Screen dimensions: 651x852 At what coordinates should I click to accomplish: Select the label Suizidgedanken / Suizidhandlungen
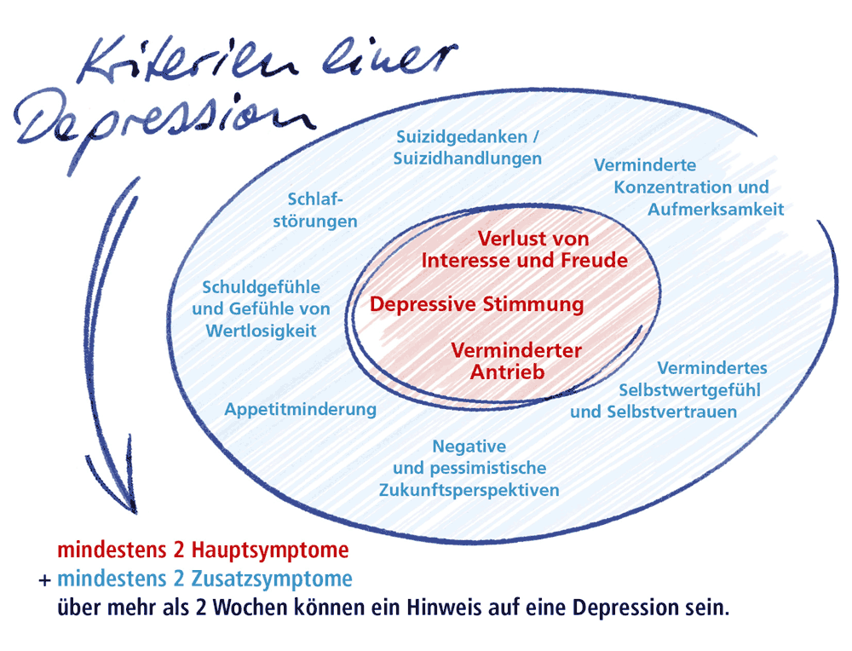point(468,147)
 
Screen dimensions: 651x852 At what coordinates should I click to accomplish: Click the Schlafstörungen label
point(321,210)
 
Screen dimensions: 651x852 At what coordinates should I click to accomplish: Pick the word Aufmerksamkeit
point(716,208)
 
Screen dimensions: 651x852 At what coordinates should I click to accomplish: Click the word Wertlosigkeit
point(261,330)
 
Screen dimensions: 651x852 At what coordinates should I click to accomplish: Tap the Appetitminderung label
point(300,409)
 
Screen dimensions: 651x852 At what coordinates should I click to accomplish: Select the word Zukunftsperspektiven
point(469,490)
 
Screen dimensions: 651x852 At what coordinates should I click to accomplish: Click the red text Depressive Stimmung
point(477,304)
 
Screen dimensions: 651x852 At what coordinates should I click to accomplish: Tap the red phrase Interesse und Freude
point(525,259)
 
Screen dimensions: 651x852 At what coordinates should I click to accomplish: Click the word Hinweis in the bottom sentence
point(452,610)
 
